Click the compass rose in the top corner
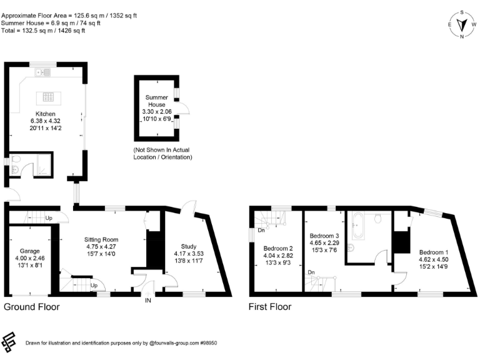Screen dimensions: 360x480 pos(462,24)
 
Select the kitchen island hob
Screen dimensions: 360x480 pos(47,97)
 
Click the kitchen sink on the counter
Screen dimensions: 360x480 pos(44,73)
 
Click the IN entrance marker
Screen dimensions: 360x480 pos(148,301)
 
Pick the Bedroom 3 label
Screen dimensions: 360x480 pos(324,242)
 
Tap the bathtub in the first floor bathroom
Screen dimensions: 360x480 pos(359,225)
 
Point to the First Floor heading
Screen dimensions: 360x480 pos(269,307)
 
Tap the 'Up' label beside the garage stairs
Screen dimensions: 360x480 pos(49,218)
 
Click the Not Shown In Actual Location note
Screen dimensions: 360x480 pos(162,154)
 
